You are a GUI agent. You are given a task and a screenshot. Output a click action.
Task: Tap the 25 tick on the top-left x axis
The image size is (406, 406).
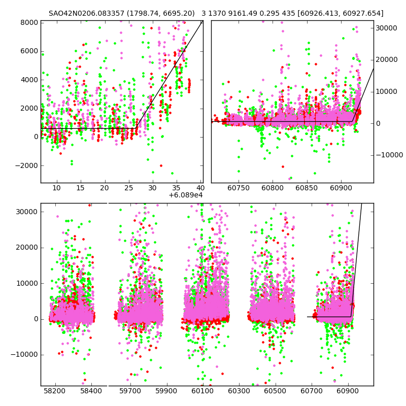point(128,188)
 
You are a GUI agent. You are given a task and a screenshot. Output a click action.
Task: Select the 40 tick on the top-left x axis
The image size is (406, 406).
point(200,188)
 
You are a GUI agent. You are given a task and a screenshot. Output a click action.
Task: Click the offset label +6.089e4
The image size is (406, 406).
point(185,195)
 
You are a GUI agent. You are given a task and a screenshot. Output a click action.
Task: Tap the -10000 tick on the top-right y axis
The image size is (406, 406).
point(388,155)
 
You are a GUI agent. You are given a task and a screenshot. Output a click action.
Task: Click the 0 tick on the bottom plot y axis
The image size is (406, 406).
point(35,319)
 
